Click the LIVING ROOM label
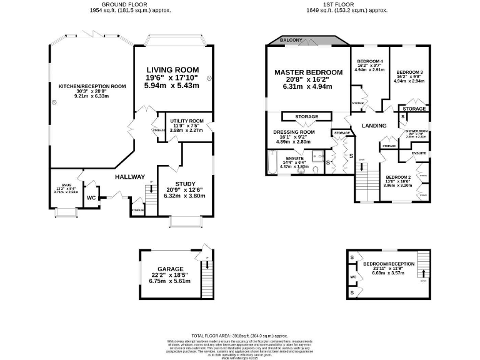pos(172,69)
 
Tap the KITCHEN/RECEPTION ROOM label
pos(92,86)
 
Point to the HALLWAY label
pos(130,177)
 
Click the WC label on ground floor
pos(91,198)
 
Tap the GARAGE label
pos(171,269)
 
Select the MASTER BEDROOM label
pos(309,72)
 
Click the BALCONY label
pos(291,41)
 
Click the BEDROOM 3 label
pos(409,72)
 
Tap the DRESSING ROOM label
pos(294,132)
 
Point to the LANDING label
pos(374,126)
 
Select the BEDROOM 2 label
pos(397,177)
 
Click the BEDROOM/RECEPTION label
pos(389,264)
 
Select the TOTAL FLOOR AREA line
pos(240,335)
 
